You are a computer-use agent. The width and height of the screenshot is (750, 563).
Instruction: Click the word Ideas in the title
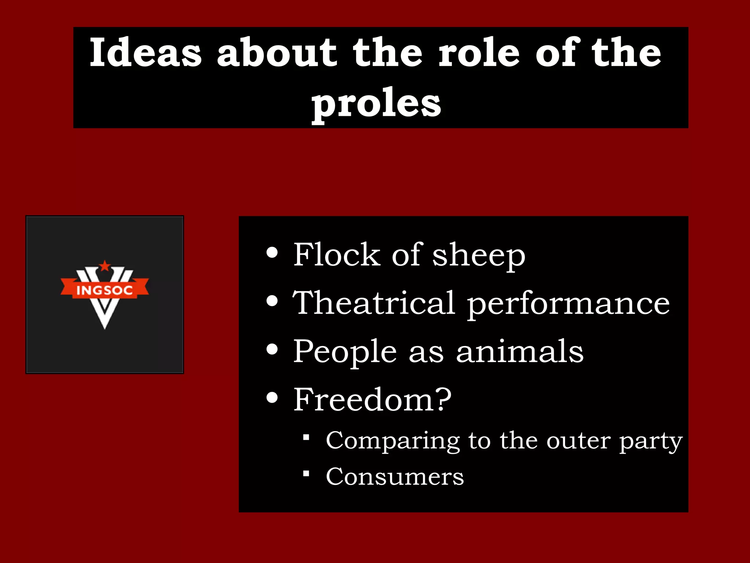click(x=145, y=53)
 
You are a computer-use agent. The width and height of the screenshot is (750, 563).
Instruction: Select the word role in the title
click(x=479, y=53)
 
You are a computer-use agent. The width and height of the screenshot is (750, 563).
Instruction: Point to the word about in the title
click(x=276, y=53)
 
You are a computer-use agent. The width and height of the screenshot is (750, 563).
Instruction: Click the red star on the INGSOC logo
click(x=105, y=266)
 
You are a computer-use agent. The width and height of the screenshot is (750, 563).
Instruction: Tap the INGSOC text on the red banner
click(x=104, y=290)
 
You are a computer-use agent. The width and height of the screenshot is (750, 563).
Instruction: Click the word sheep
click(x=479, y=256)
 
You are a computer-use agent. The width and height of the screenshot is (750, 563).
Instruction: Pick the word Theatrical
click(x=374, y=303)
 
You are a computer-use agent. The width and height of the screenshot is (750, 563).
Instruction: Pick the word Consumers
click(x=395, y=477)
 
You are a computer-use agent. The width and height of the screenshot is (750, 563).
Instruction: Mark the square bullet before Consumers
click(x=307, y=474)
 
